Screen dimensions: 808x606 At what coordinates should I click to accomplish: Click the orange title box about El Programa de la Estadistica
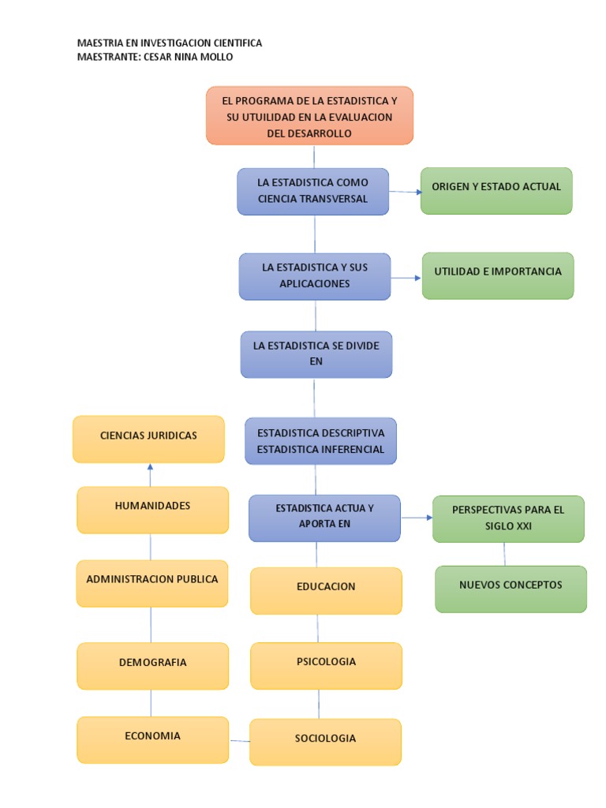coord(309,116)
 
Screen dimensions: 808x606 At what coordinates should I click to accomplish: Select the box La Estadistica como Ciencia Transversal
coord(313,191)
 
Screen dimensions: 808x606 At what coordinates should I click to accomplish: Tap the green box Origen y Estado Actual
coord(496,190)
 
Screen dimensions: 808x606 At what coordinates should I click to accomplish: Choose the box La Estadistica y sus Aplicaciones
coord(315,276)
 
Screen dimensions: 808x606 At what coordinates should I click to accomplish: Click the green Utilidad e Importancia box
coord(498,275)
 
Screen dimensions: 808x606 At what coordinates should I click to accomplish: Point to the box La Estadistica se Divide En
coord(316,354)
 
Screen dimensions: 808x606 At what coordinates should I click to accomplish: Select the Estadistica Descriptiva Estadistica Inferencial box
coord(320,441)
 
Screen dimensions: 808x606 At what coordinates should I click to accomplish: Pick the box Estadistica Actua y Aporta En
coord(324,518)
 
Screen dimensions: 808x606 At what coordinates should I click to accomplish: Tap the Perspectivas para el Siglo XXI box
coord(508,518)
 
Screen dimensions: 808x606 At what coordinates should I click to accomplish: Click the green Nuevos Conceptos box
coord(511,589)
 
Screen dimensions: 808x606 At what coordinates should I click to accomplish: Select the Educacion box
coord(326,590)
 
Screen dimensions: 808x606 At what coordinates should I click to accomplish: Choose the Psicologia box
coord(326,665)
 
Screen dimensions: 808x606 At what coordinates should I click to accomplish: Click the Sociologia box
coord(325,742)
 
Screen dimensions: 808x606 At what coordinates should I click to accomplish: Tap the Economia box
coord(152,739)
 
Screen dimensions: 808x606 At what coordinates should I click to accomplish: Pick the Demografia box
coord(153,665)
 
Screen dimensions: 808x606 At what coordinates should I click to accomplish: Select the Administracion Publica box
coord(152,583)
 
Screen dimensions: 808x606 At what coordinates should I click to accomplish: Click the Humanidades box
coord(152,509)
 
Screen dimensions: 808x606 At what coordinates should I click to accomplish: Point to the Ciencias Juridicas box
coord(148,439)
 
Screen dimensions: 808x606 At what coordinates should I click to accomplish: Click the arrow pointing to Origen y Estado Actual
coord(406,192)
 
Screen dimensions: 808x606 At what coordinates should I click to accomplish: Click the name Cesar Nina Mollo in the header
coord(189,57)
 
